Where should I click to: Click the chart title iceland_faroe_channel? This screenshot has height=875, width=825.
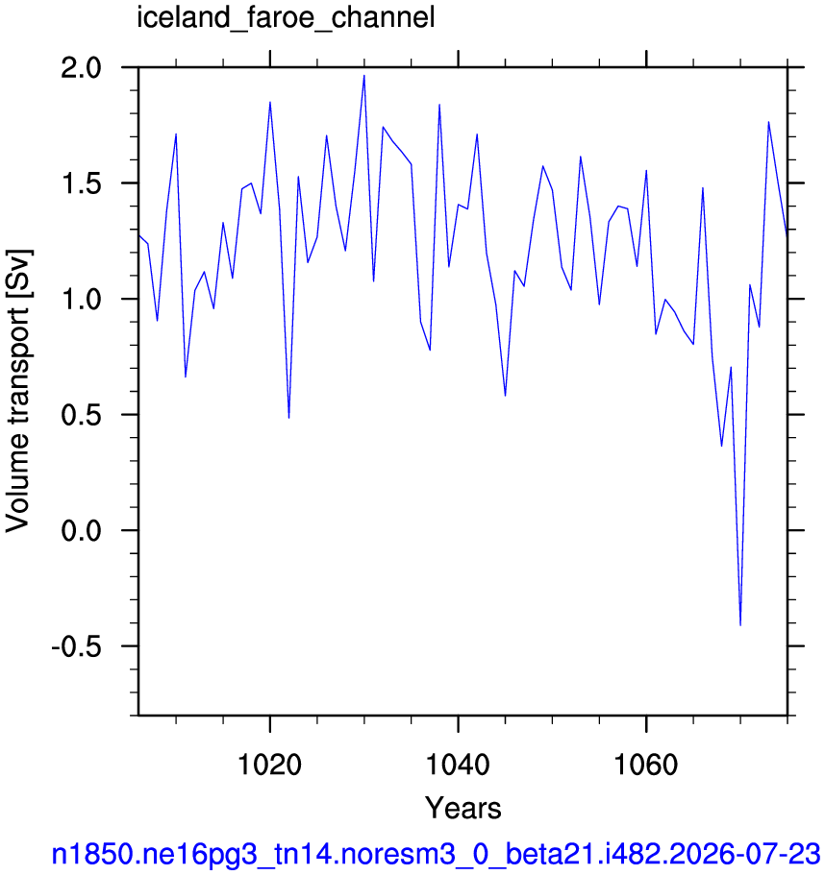(286, 18)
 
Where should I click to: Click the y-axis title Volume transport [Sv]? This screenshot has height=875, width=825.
(18, 391)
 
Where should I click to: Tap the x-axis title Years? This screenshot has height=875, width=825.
(463, 808)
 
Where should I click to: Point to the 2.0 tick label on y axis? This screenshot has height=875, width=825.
(82, 67)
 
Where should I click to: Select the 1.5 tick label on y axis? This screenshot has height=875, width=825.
(82, 183)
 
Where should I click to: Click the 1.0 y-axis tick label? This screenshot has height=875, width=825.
(82, 299)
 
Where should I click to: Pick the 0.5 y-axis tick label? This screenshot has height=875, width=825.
(82, 415)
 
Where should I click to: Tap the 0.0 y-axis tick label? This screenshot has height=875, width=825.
(82, 531)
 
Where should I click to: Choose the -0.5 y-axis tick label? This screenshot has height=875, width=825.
(77, 646)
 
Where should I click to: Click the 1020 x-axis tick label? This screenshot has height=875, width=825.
(270, 765)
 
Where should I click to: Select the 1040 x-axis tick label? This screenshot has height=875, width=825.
(458, 765)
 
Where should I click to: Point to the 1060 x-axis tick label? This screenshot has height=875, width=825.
(646, 765)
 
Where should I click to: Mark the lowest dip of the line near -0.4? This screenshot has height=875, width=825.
(740, 625)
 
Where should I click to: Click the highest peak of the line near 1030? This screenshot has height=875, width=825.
(364, 75)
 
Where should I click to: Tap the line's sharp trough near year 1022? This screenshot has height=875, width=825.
(288, 418)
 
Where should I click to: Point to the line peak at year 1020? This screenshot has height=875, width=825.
(270, 102)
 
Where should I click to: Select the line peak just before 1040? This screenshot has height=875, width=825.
(439, 105)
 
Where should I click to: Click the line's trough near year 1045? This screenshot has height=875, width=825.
(505, 396)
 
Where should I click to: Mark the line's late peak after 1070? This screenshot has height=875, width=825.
(768, 122)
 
